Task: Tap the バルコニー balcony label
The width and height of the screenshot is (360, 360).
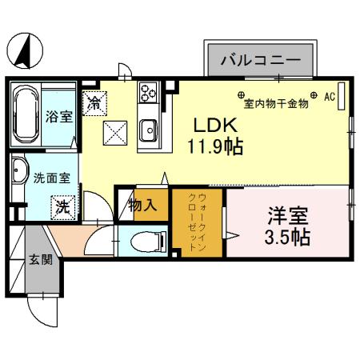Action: tap(259, 61)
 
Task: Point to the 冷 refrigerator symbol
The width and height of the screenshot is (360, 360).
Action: tap(94, 102)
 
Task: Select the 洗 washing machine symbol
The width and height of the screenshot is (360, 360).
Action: tap(62, 206)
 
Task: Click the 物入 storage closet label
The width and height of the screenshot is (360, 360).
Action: tap(142, 206)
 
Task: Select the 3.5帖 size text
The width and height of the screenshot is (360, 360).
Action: tap(288, 238)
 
